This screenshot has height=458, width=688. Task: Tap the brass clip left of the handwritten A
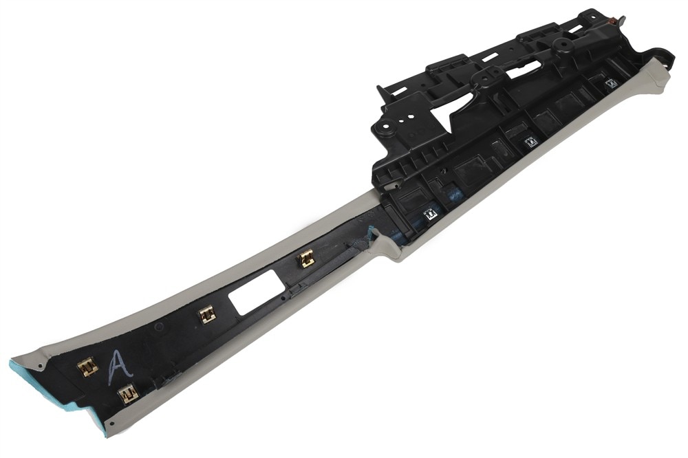tap(87, 367)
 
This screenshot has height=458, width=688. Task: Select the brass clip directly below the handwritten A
tap(129, 393)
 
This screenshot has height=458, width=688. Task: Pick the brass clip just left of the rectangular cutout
tap(208, 314)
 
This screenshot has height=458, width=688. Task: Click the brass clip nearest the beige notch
tap(306, 259)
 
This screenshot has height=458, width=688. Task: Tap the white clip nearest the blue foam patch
tap(431, 215)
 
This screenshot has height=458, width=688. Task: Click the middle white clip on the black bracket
tap(531, 142)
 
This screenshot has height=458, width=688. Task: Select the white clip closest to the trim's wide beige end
tap(611, 83)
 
